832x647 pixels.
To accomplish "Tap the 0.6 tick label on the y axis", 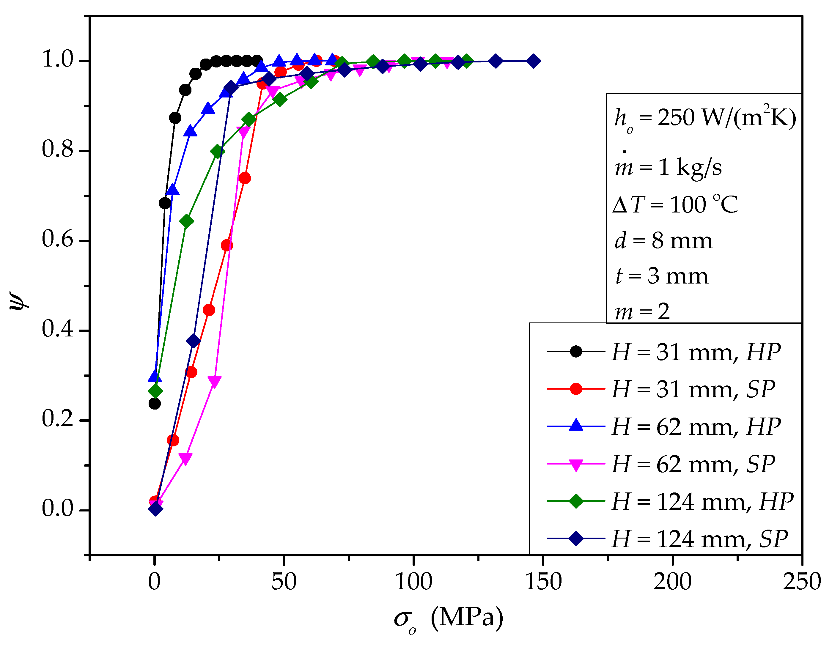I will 57,240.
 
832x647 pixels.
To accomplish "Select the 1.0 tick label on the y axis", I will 57,60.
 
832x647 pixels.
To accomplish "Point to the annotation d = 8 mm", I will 663,241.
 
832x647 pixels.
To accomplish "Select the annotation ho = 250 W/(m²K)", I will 705,118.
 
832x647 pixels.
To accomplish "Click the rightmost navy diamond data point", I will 533,61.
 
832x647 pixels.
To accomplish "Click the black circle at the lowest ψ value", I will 154,404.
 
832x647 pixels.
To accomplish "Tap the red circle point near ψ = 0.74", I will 245,178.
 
